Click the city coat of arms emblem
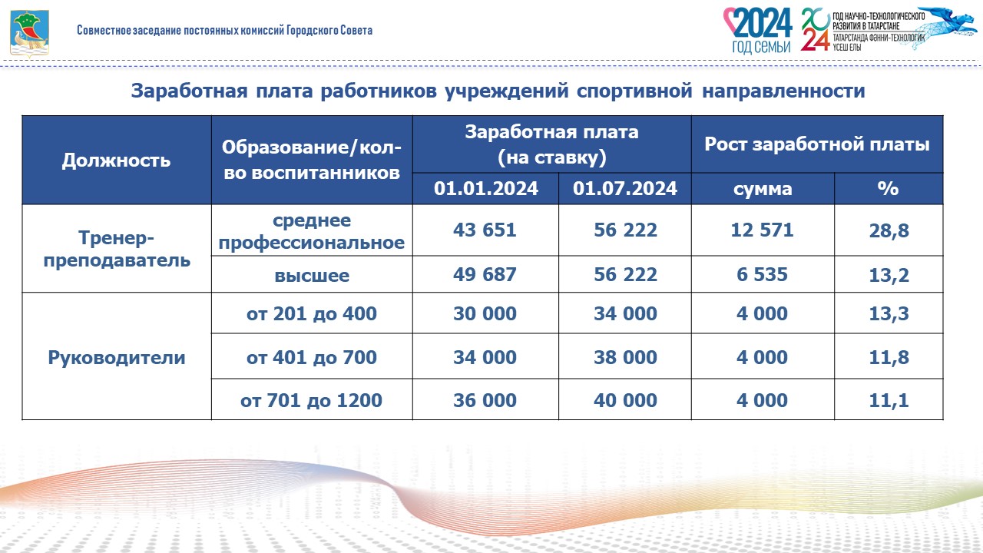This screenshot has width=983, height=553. (x=29, y=34)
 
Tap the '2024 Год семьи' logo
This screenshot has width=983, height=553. (x=758, y=31)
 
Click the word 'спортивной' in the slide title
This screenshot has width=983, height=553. (x=634, y=91)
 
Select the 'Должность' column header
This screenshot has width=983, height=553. (x=116, y=161)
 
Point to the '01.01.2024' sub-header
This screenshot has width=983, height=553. (x=486, y=188)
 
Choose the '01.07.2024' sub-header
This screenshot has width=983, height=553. (x=625, y=188)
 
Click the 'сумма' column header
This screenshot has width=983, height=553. (x=763, y=189)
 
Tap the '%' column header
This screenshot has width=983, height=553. (x=889, y=188)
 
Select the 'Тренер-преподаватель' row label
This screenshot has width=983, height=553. (x=117, y=249)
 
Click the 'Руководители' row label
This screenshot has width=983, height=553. (x=117, y=357)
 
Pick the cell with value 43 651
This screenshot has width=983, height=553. (x=485, y=230)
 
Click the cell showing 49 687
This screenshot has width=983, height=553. (x=485, y=274)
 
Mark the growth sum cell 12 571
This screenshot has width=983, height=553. (x=763, y=230)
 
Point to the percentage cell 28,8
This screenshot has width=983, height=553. (x=889, y=231)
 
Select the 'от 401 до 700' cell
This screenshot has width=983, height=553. (x=312, y=357)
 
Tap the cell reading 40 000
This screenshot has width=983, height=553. (x=625, y=400)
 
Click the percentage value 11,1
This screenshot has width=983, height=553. (x=889, y=401)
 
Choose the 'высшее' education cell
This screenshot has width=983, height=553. (x=312, y=276)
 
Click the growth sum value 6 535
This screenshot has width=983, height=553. (x=763, y=274)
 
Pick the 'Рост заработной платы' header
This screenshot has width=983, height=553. (x=817, y=144)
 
